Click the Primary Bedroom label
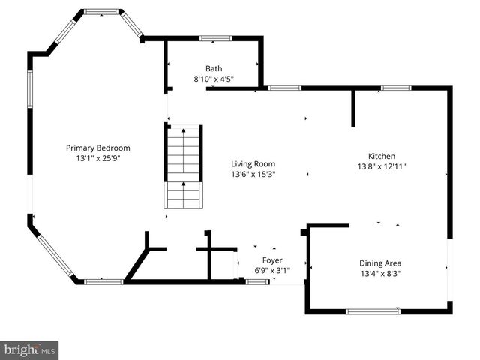tap(97, 148)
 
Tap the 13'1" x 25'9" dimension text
tap(97, 159)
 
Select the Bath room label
tap(214, 68)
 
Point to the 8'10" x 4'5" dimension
tap(214, 79)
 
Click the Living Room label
tap(253, 163)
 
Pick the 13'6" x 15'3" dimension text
tap(253, 175)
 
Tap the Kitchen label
tap(381, 156)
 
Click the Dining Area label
tap(380, 262)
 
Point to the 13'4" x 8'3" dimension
tap(380, 274)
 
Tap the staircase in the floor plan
tap(184, 166)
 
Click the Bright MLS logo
tap(29, 349)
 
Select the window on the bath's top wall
tap(215, 37)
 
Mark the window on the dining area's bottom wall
tap(373, 311)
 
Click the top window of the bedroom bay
tap(100, 12)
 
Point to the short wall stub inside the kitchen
tap(352, 109)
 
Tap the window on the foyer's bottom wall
tap(258, 282)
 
